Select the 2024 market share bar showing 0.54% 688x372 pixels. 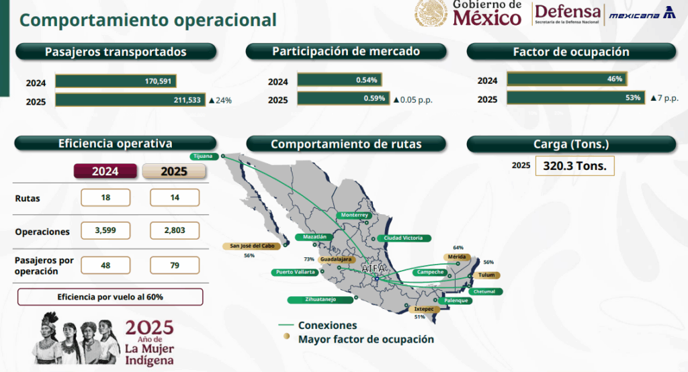339,80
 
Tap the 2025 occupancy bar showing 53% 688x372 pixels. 576,97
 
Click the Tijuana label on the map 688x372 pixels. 204,156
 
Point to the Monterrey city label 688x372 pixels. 355,215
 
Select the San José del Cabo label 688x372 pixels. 252,246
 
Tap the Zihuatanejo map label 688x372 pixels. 320,299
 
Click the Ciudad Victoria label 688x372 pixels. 403,238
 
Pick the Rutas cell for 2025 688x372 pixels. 175,197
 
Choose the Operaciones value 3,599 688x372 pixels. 105,230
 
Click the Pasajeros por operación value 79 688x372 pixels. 175,265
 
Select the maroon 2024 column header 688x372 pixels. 105,171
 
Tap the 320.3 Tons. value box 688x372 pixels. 575,166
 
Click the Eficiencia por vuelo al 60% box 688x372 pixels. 110,297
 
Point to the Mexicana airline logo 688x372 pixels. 642,13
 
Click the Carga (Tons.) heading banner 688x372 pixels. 571,144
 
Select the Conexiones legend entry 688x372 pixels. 318,325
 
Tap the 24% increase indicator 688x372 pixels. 220,101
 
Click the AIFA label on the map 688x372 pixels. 374,268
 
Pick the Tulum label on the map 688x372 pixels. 486,275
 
